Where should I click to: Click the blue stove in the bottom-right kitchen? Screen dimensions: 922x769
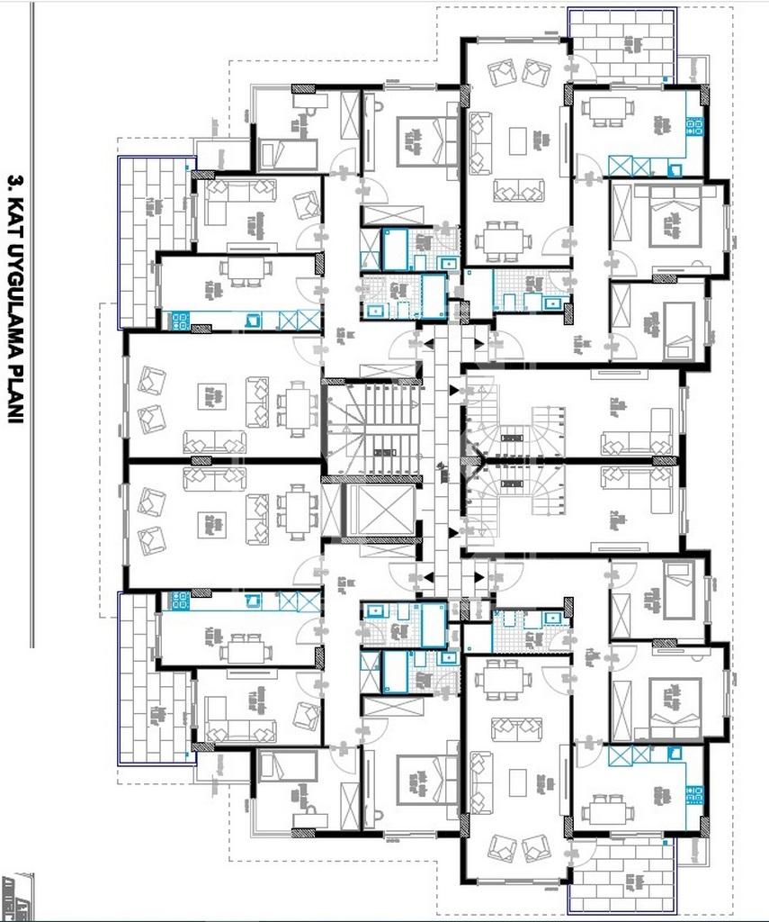(694, 794)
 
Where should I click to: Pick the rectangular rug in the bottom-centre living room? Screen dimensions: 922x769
(518, 782)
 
